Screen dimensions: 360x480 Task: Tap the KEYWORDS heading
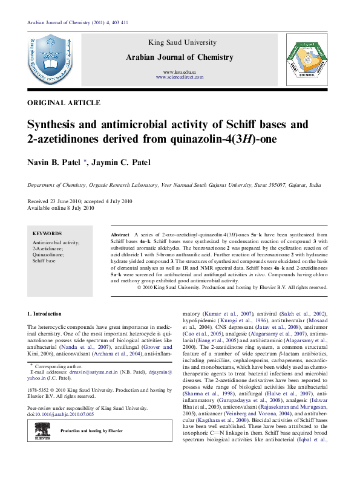[47, 233]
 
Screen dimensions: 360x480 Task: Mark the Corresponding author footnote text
[57, 367]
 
